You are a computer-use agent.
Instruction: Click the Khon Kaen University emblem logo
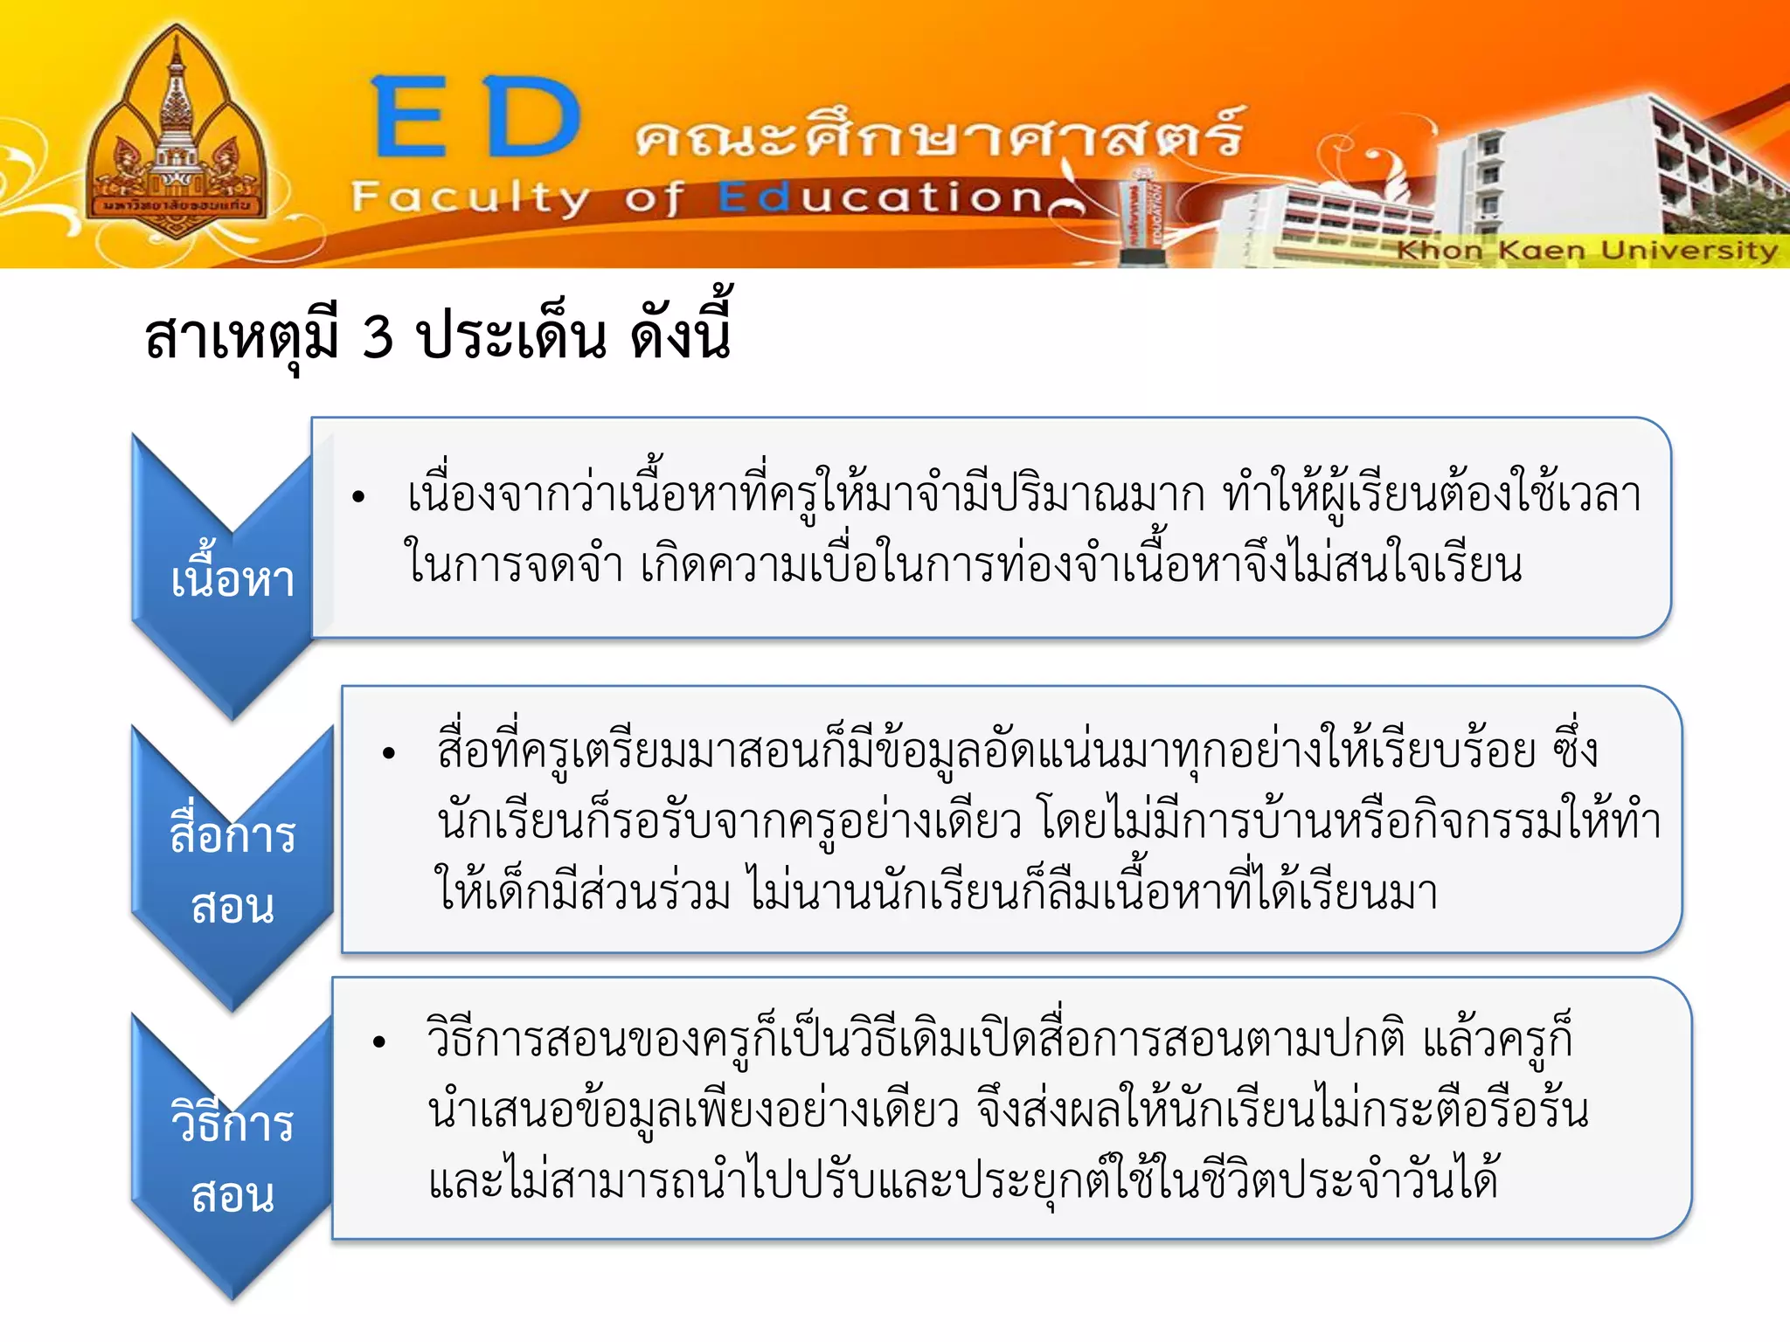[177, 135]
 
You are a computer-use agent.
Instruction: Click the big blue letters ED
[476, 118]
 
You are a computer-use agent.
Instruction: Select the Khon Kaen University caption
[1585, 251]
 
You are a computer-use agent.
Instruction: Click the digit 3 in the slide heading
[378, 336]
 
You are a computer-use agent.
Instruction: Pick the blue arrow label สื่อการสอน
[232, 869]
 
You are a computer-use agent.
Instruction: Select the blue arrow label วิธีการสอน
[232, 1158]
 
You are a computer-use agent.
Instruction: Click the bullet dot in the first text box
[358, 498]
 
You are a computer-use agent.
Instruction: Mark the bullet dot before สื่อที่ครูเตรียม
[389, 753]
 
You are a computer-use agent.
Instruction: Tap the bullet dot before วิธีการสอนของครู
[379, 1041]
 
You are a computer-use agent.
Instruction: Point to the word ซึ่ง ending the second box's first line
[1574, 750]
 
